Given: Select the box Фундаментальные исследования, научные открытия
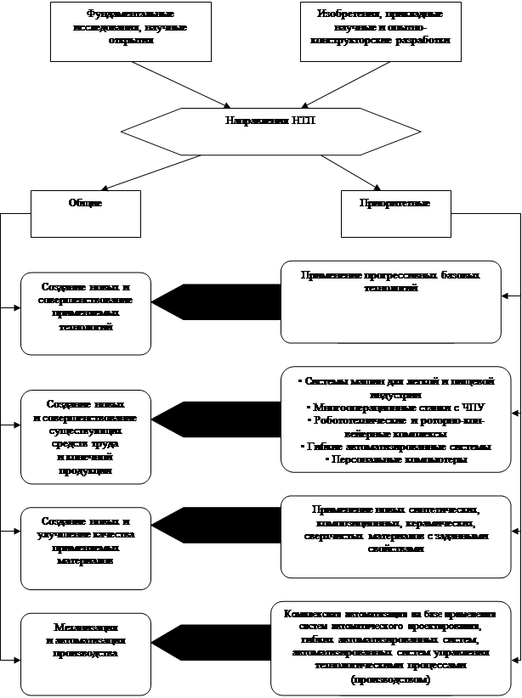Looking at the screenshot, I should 130,31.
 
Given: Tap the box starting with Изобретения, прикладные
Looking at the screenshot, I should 380,31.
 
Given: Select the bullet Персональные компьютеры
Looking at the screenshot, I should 397,459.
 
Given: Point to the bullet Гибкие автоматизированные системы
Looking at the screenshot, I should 397,446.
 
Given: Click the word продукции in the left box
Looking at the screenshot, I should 84,470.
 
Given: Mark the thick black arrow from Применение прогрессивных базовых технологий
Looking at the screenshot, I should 218,301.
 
